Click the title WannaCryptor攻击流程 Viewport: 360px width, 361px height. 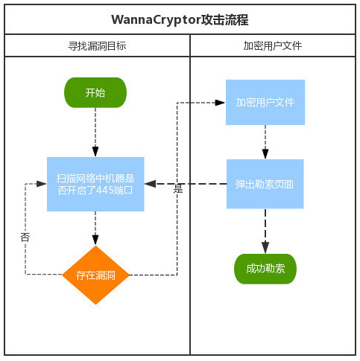[180, 20]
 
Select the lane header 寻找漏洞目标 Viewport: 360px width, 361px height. [97, 46]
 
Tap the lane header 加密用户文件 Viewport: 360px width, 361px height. [273, 46]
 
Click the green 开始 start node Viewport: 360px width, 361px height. [95, 92]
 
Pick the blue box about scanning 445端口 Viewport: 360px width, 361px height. [95, 184]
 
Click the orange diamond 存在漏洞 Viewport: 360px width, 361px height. [95, 275]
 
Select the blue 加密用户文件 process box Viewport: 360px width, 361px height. [265, 102]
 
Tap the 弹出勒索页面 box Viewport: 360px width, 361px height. [265, 184]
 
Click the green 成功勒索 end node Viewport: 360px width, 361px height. [265, 269]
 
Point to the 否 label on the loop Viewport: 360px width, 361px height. [25, 237]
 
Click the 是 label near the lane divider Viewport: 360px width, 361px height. [178, 188]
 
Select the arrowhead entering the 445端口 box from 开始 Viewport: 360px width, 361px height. [95, 151]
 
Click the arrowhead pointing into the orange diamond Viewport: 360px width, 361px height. [95, 240]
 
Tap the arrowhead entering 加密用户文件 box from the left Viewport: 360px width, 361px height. [220, 103]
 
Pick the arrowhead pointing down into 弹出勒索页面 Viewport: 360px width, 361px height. [265, 154]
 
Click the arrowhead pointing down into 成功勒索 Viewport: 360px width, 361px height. [265, 248]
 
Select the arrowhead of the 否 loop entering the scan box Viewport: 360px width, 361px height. [42, 184]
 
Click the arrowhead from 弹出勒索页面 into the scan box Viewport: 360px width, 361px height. [151, 184]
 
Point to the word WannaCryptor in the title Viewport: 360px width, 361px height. [156, 20]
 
